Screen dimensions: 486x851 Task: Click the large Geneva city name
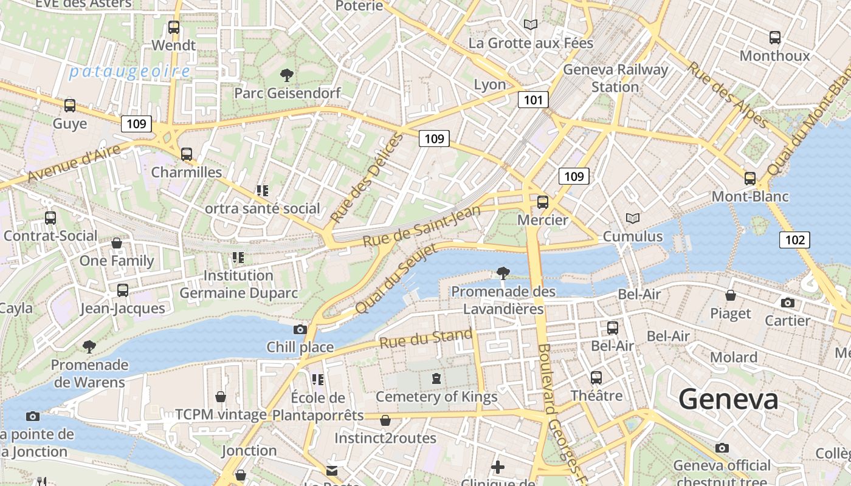[x=728, y=400]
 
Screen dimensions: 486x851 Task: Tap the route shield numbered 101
[x=533, y=100]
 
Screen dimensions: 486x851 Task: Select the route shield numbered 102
[x=794, y=240]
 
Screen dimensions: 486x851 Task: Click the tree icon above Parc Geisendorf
[x=287, y=75]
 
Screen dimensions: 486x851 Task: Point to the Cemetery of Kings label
[x=436, y=397]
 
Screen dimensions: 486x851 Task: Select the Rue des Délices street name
[x=367, y=177]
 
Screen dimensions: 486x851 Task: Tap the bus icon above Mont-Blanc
[x=750, y=179]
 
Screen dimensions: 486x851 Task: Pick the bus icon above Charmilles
[x=187, y=154]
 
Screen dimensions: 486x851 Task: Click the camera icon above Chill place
[x=300, y=329]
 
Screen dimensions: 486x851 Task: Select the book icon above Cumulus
[x=633, y=218]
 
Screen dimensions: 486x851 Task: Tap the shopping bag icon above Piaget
[x=731, y=295]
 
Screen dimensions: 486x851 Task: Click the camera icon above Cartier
[x=787, y=303]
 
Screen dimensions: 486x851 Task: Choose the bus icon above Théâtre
[x=596, y=377]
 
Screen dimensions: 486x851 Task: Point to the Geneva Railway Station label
[x=615, y=78]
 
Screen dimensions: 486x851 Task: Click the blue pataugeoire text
[x=129, y=72]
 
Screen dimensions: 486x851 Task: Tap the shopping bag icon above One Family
[x=117, y=243]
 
